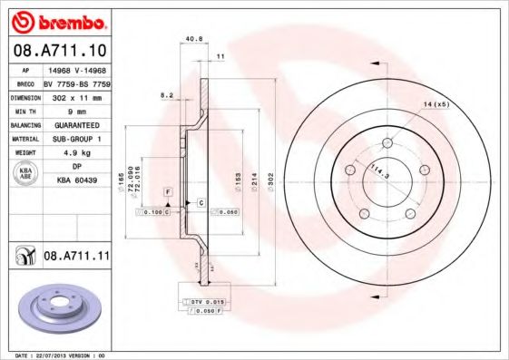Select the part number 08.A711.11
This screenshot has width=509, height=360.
(x=76, y=258)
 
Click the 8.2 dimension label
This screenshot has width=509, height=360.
(x=166, y=94)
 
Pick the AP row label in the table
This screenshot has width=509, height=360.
(x=27, y=68)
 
